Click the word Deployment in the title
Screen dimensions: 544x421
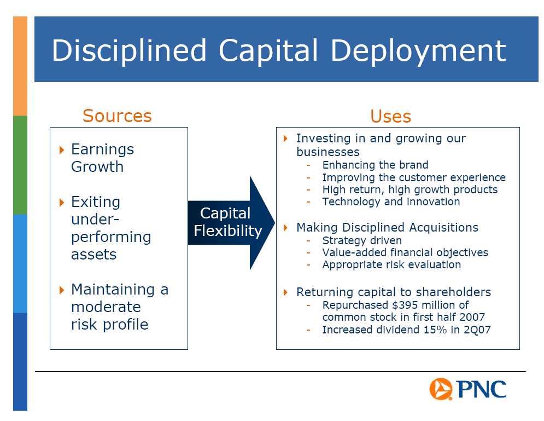coord(418,51)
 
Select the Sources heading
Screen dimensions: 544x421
coord(117,116)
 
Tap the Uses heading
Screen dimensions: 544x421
coord(391,116)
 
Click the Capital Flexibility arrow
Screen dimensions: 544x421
coord(231,223)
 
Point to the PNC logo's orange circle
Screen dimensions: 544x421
coord(441,389)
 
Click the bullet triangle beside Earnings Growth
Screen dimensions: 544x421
coord(62,150)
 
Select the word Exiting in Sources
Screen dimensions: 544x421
coord(96,202)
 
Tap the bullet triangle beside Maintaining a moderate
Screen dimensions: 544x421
coord(62,290)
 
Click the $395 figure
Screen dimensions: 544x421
coord(404,305)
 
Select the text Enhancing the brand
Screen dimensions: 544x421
coord(376,165)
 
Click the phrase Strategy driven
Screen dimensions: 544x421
coord(362,240)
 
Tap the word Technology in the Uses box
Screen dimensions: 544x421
coord(351,201)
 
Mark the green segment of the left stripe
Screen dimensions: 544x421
coord(20,165)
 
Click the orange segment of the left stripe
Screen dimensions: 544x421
coord(20,66)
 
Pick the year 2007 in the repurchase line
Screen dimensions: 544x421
coord(472,317)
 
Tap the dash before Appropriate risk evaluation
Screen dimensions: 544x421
coord(308,265)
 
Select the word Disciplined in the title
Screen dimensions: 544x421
coord(129,51)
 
